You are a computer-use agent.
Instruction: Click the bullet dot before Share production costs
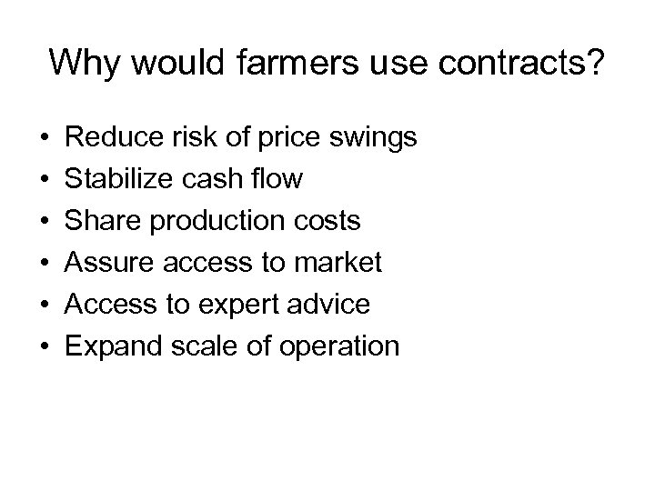[x=44, y=222]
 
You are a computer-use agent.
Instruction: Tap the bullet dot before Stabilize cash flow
[x=44, y=180]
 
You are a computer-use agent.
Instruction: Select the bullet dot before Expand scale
[x=44, y=347]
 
